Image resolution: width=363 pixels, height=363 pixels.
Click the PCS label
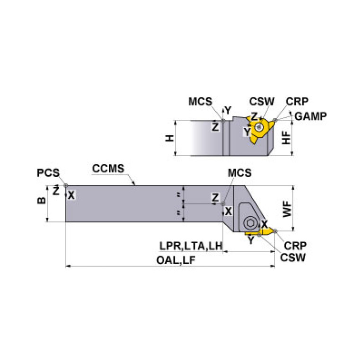click(x=48, y=173)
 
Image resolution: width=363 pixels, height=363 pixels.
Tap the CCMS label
click(x=108, y=169)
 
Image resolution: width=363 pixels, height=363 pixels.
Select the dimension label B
click(x=42, y=200)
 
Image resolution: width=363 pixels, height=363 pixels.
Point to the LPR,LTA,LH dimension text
click(x=190, y=246)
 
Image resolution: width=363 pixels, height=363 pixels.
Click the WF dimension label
click(x=287, y=209)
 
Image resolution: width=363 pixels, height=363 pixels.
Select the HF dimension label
click(x=286, y=138)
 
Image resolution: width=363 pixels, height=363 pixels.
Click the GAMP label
click(x=310, y=116)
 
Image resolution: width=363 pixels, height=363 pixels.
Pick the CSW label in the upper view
click(x=261, y=101)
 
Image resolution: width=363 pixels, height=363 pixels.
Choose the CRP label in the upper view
click(x=297, y=101)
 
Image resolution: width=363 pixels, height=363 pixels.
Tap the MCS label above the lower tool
click(x=239, y=173)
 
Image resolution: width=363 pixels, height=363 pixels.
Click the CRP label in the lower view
click(x=296, y=245)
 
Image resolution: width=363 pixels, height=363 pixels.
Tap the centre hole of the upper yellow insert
click(x=258, y=127)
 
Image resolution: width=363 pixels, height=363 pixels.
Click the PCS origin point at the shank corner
click(x=66, y=185)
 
